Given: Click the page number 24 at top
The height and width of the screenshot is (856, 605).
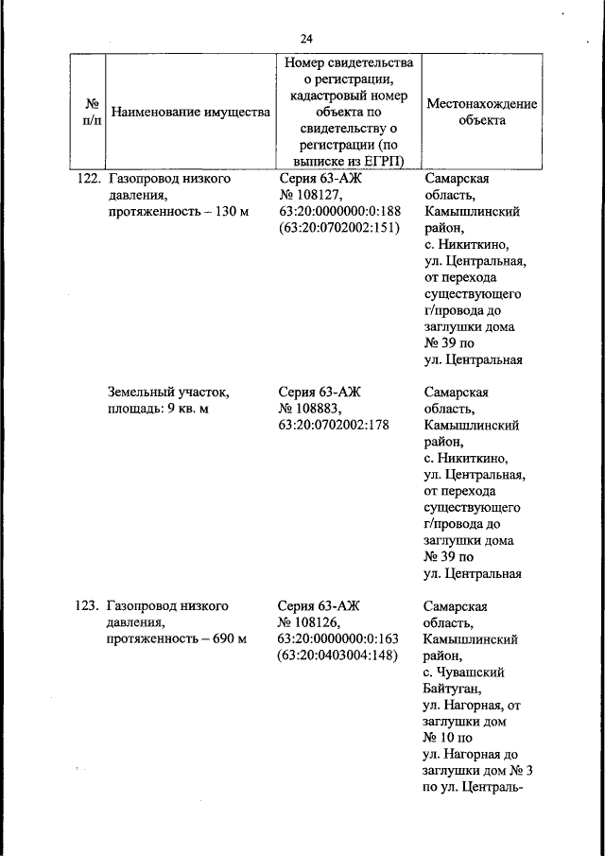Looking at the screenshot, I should tap(306, 39).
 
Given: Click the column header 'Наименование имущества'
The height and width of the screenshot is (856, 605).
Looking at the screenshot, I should tap(191, 113).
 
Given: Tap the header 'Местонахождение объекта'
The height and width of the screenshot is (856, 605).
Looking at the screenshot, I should tap(482, 112).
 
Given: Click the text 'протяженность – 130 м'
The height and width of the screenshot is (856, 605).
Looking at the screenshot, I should tap(178, 211).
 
